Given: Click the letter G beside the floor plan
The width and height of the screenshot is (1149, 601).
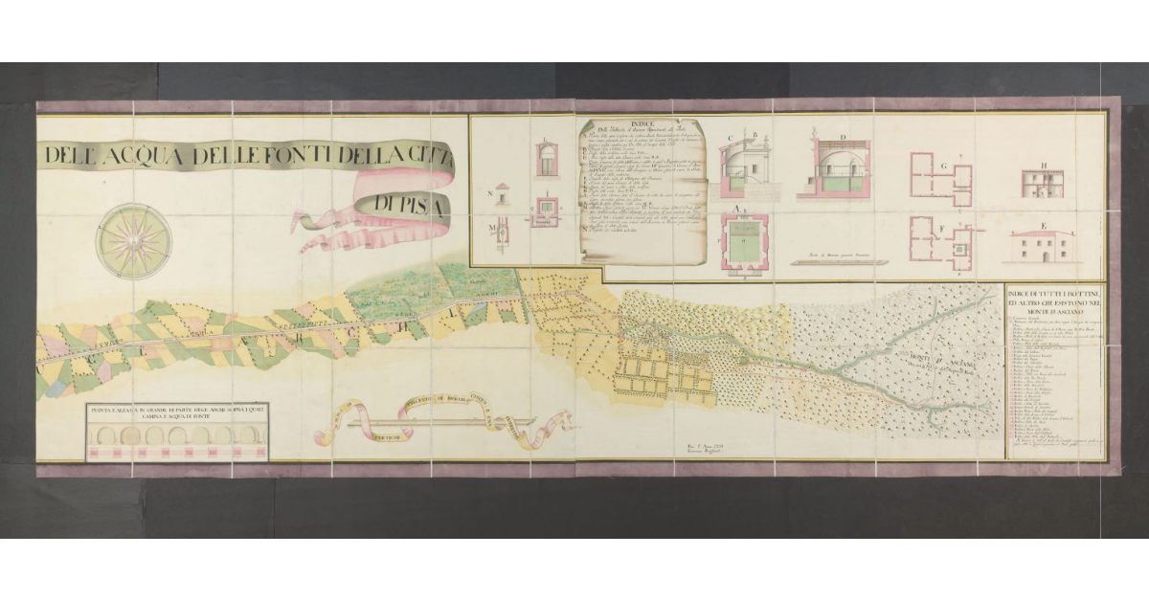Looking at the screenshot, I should pyautogui.click(x=944, y=167).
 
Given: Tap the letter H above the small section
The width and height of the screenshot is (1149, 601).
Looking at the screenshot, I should pyautogui.click(x=1044, y=165).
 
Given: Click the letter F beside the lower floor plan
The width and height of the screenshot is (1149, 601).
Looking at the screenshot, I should pyautogui.click(x=944, y=228).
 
